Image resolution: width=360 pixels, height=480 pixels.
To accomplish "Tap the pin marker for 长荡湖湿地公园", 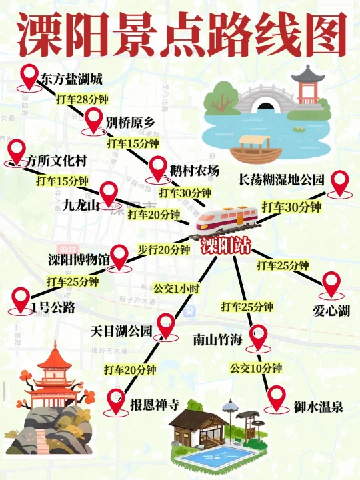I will [x=341, y=183].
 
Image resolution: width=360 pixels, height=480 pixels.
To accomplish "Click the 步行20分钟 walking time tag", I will [x=164, y=249].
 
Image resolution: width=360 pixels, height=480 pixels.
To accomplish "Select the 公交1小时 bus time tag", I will [x=176, y=289].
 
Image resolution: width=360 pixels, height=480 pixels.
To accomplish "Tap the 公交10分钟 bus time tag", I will [x=256, y=367].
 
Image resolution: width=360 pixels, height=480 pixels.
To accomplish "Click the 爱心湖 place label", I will [x=331, y=310].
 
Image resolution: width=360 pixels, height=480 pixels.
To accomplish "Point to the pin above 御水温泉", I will [x=277, y=398].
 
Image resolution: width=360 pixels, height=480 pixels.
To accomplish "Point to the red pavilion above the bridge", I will [x=308, y=84].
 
